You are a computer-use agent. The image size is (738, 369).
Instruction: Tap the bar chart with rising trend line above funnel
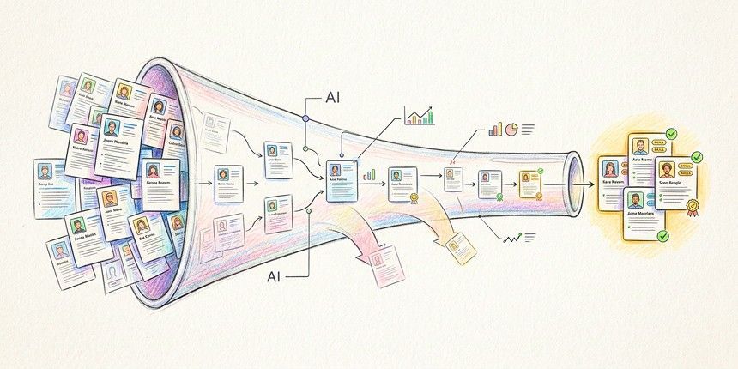pos(420,116)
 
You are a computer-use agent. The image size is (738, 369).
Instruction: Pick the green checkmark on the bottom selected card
pos(662,235)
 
